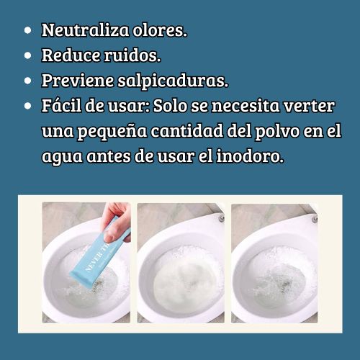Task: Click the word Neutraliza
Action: click(x=85, y=30)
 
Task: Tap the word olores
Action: click(x=160, y=30)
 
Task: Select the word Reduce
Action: click(x=71, y=55)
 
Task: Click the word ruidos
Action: click(x=132, y=55)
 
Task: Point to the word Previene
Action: click(x=78, y=81)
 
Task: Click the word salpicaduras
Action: click(x=173, y=81)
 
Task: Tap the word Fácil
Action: click(x=61, y=105)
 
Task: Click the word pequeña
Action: click(x=112, y=132)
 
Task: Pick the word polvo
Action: click(x=277, y=131)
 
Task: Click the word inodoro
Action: click(x=250, y=156)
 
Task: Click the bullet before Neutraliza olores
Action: click(x=28, y=30)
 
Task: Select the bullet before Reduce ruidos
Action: click(x=28, y=55)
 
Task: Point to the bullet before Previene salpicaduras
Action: click(x=28, y=81)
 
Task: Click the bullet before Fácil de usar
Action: click(x=28, y=106)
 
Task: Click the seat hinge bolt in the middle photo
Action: click(x=222, y=218)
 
